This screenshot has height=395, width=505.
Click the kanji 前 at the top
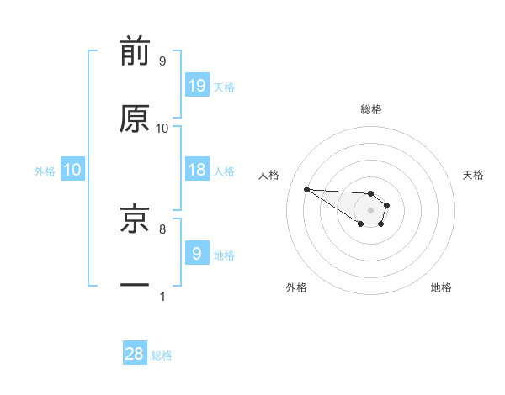(x=135, y=52)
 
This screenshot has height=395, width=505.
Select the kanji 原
(x=135, y=119)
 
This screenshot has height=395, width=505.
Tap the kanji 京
(x=135, y=220)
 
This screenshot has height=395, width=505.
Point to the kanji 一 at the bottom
(x=135, y=286)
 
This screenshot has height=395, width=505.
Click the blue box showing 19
(x=196, y=85)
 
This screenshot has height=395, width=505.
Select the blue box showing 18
(x=196, y=170)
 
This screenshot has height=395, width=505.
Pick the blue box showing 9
(x=196, y=253)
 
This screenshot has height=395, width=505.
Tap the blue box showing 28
(x=135, y=354)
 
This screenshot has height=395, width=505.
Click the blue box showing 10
(x=72, y=170)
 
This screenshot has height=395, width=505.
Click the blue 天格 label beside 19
(x=224, y=87)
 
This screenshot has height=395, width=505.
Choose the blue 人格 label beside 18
(x=224, y=171)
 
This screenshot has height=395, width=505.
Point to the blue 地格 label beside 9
(x=224, y=255)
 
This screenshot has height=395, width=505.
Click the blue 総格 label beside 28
(x=162, y=356)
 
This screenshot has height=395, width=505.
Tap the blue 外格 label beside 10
(x=45, y=171)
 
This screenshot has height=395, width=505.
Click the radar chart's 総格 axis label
(x=371, y=109)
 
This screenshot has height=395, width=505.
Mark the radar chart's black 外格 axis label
(x=296, y=288)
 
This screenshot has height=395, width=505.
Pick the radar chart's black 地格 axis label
(x=441, y=288)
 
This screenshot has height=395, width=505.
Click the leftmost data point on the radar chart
(x=306, y=189)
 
